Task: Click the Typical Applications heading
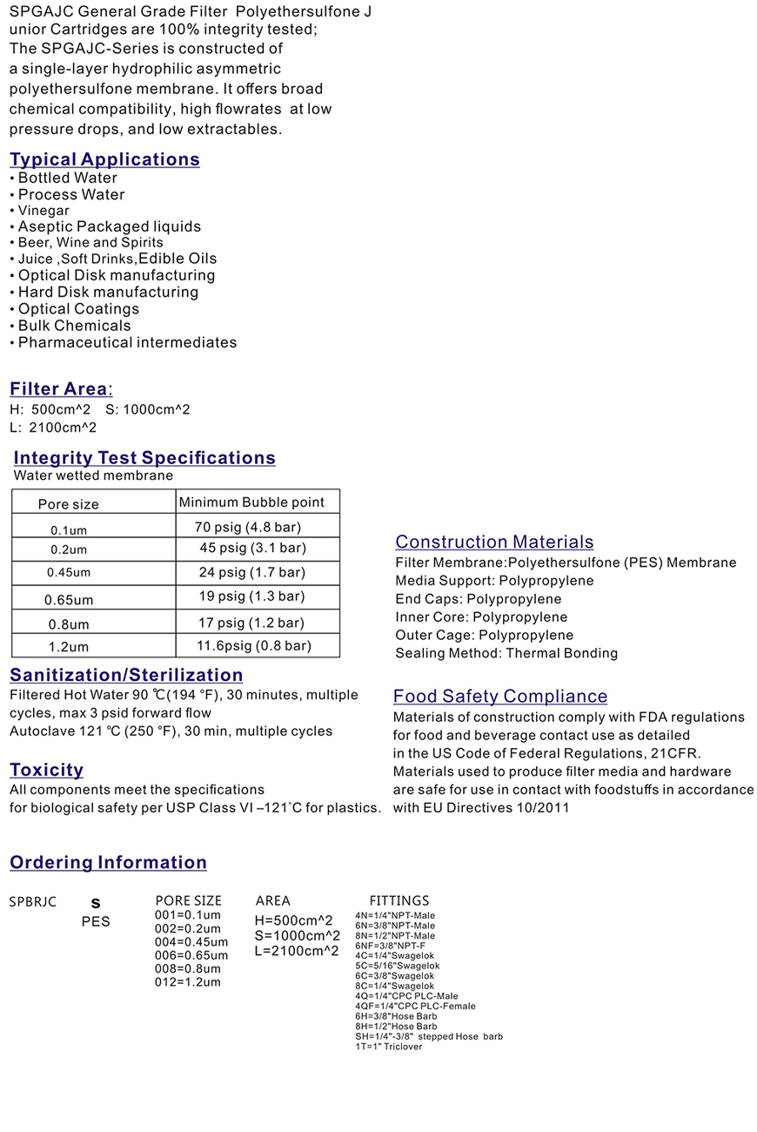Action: [104, 159]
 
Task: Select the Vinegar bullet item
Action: [44, 211]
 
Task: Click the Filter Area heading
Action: [60, 389]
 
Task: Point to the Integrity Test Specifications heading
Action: [144, 458]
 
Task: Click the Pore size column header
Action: [69, 504]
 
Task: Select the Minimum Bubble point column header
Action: [251, 502]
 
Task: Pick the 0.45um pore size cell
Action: [69, 573]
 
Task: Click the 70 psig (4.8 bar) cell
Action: [254, 527]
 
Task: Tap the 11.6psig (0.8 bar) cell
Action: [254, 646]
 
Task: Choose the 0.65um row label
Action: [69, 600]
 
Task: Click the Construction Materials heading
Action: [494, 542]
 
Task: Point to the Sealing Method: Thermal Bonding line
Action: [506, 653]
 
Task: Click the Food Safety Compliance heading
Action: [500, 697]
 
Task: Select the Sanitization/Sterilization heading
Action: [126, 676]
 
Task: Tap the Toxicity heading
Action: [47, 770]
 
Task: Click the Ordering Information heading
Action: [108, 863]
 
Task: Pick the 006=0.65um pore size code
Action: [191, 955]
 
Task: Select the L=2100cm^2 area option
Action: [297, 951]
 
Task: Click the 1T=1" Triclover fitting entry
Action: [389, 1047]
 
